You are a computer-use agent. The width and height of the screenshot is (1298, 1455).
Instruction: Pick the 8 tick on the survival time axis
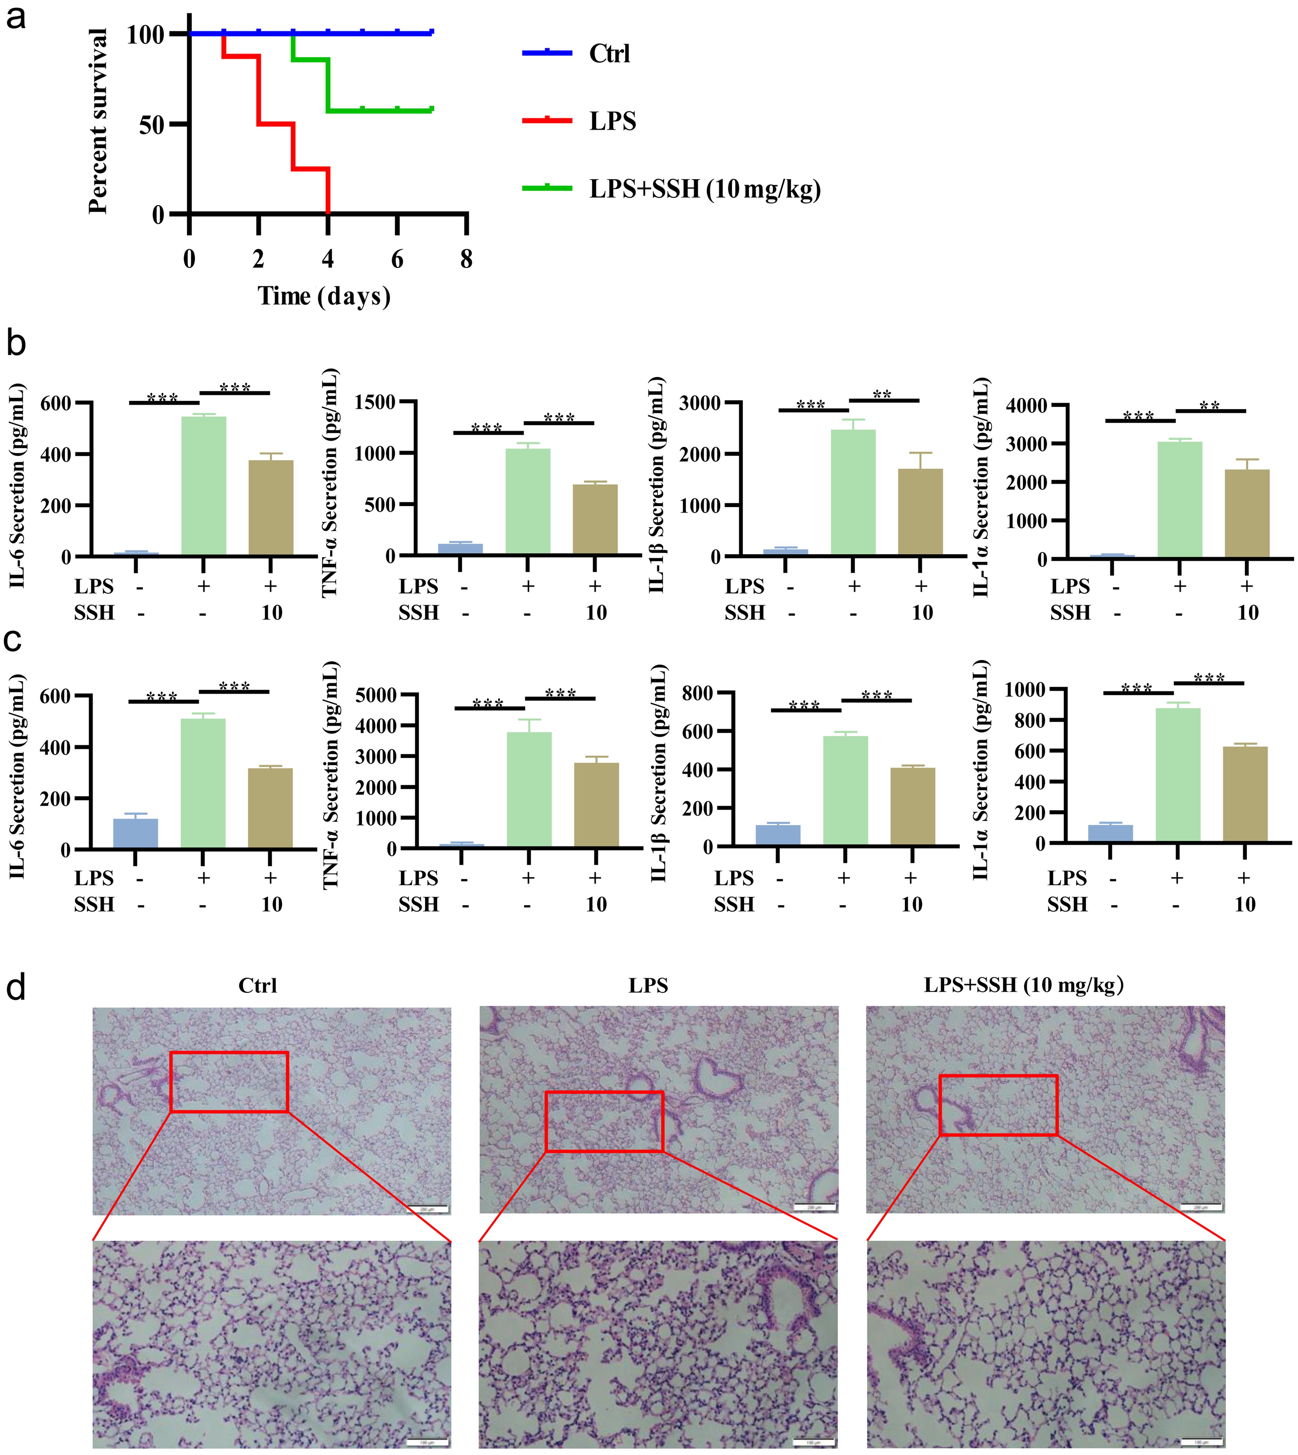point(467,259)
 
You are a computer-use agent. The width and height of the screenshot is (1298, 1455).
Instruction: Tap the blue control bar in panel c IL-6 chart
point(135,833)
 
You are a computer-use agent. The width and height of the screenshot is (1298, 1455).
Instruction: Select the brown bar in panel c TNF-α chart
point(596,804)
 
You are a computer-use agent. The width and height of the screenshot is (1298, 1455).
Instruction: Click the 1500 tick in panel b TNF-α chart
point(376,402)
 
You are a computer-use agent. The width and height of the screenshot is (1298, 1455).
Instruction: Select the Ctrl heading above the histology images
point(257,986)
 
